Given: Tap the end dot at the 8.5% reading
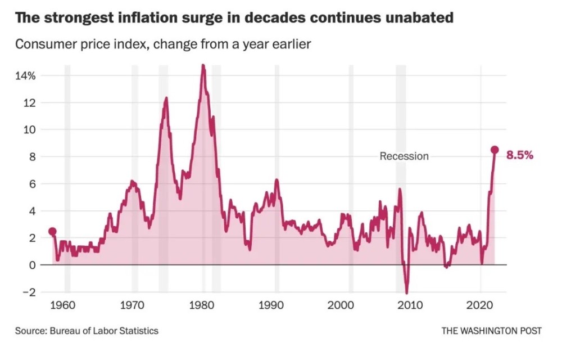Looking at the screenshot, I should [495, 150].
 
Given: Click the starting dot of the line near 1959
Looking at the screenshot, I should [52, 231].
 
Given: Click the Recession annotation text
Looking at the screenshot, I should [404, 156].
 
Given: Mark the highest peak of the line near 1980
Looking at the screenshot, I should [203, 65].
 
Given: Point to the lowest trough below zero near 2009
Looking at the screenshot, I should [406, 292].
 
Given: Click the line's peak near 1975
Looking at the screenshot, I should [166, 98].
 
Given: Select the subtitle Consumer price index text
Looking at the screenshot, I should [81, 44].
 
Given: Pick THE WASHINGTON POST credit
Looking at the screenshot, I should [491, 331].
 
